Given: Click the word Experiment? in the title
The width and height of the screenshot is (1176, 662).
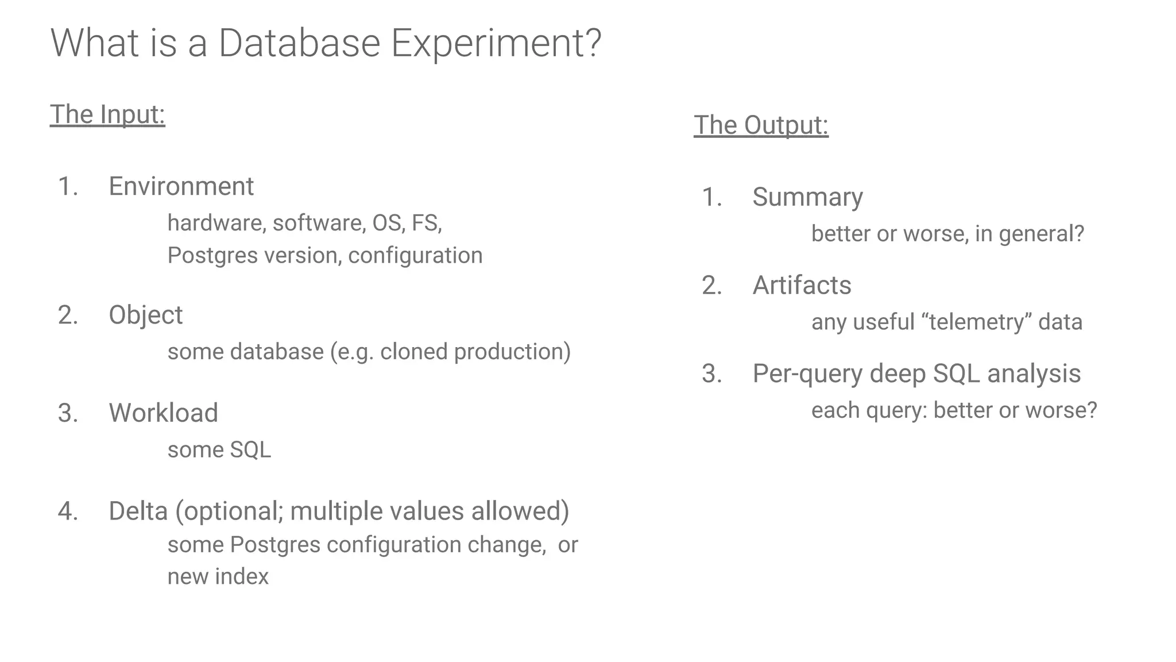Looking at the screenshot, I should pos(496,44).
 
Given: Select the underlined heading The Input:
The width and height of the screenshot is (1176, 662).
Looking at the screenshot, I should pos(107,114).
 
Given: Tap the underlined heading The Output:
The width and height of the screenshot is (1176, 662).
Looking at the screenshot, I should pos(761,125).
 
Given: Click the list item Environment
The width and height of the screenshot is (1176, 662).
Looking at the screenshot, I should pos(181,186).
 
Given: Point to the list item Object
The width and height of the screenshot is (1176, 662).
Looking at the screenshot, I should pos(145,315).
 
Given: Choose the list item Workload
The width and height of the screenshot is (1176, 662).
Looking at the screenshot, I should pos(163,413).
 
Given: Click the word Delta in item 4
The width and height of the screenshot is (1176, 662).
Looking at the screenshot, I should pos(138,511).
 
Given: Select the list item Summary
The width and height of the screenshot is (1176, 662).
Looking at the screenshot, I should pos(807,197).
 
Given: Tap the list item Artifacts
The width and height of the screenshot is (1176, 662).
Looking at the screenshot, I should pos(802,285).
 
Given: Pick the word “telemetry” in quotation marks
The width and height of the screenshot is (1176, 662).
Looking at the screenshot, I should pos(976,322).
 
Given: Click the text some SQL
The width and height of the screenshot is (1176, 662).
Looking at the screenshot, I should pos(219,450).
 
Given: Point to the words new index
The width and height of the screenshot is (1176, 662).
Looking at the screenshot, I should pos(218,576).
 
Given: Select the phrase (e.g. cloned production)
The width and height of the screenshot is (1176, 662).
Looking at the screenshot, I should pos(450,352).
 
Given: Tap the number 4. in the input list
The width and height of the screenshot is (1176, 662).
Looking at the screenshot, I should pos(68,511).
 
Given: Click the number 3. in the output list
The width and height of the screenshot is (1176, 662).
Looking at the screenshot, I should pos(711,374).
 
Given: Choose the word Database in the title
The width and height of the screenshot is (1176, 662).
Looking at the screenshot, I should pos(299,44).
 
